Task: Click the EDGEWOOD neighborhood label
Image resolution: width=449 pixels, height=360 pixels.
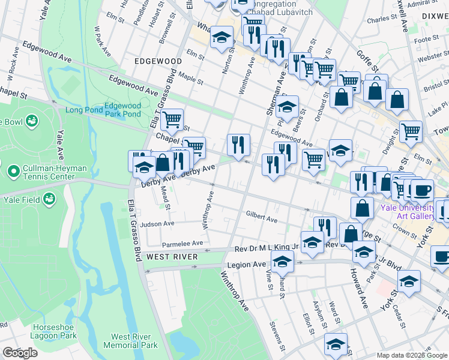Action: (158, 61)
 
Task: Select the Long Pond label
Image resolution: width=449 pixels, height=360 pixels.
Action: (82, 110)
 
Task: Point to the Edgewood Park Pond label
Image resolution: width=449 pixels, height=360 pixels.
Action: (122, 110)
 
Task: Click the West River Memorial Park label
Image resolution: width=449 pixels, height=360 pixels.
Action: (130, 341)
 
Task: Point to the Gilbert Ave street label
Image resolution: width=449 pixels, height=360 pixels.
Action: (261, 216)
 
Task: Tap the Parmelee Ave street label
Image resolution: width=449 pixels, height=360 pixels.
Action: (182, 244)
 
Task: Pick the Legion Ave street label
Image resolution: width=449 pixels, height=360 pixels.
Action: (246, 265)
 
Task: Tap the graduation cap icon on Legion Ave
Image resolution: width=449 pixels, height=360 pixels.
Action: (282, 261)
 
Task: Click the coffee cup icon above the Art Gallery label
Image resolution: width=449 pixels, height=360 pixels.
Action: (421, 190)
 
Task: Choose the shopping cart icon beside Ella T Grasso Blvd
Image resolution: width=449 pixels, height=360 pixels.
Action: (172, 119)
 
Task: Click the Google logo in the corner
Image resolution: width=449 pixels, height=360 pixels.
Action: (20, 353)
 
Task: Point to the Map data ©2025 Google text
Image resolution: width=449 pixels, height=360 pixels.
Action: (411, 355)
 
